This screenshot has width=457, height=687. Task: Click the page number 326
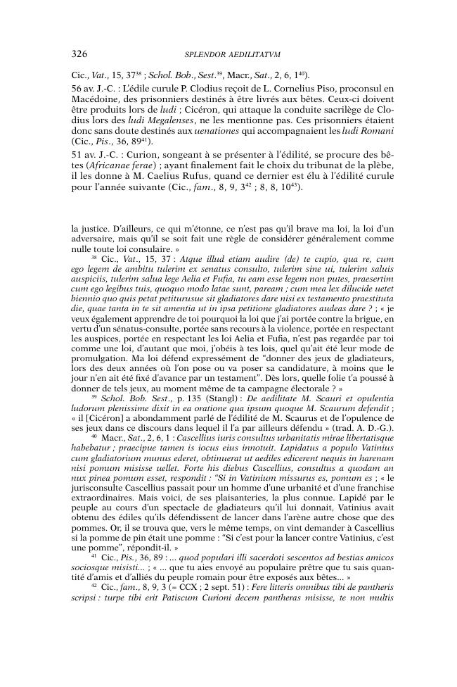tap(79, 53)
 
